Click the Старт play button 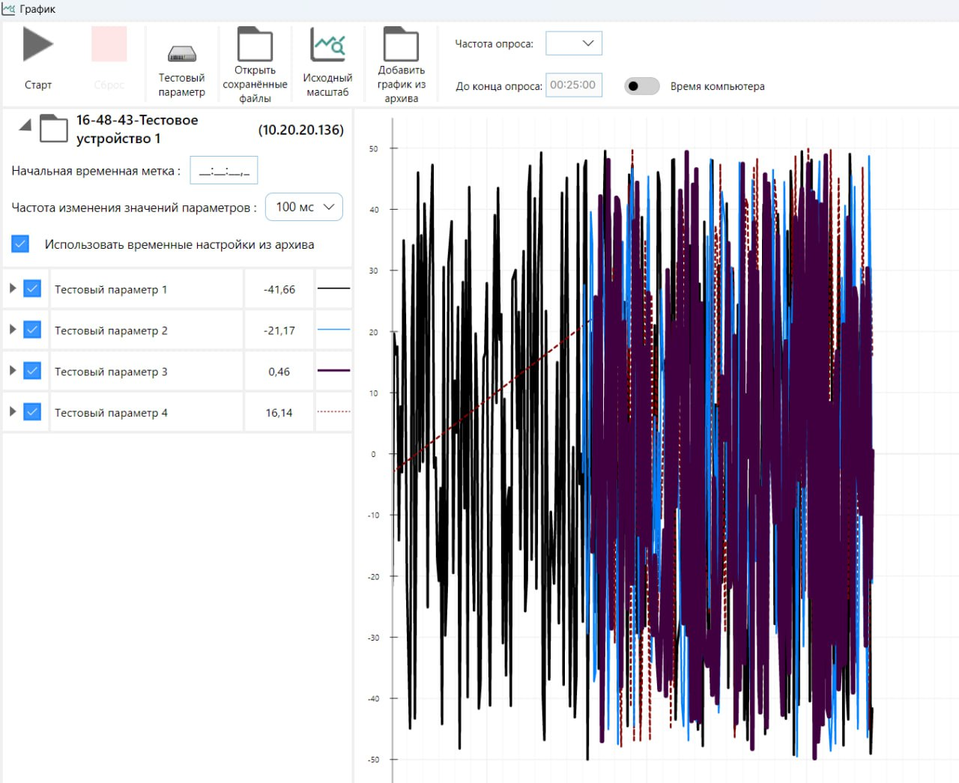[x=37, y=45]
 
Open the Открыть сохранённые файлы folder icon [x=255, y=45]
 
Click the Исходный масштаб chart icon [x=327, y=45]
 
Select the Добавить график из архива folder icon [x=401, y=45]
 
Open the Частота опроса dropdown [x=574, y=43]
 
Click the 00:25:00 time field [x=573, y=85]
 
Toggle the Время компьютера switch [x=641, y=86]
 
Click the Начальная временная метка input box [x=224, y=171]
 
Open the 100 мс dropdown [x=304, y=208]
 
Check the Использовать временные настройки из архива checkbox [x=20, y=244]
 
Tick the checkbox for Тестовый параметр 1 [x=32, y=288]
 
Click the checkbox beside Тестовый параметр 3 [x=32, y=371]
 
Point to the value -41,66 [x=279, y=290]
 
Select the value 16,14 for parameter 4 [x=279, y=413]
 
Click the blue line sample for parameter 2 [x=333, y=330]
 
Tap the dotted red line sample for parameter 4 [x=333, y=412]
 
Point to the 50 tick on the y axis [x=373, y=149]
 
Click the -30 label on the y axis [x=373, y=638]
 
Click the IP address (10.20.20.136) [x=300, y=130]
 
